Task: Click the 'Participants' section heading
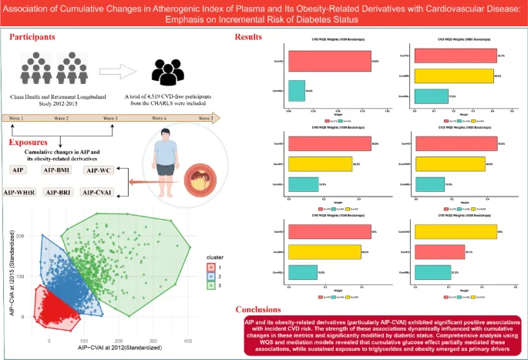click(x=37, y=37)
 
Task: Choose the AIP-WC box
click(x=99, y=170)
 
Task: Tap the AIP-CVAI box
click(x=99, y=192)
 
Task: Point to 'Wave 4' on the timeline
click(x=161, y=119)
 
